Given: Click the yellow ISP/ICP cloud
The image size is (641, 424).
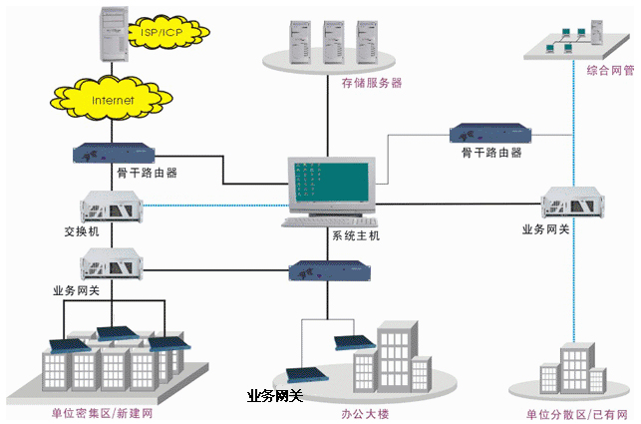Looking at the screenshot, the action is (168, 32).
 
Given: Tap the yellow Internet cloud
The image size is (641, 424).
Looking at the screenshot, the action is (112, 99).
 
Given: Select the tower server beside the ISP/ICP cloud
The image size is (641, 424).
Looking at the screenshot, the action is (114, 34).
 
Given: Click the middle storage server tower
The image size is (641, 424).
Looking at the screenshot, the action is (334, 42).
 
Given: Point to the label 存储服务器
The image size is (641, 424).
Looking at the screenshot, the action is (372, 83).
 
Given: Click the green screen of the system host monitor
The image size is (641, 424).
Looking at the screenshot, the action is (332, 182).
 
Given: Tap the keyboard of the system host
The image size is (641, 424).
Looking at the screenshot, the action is (330, 222).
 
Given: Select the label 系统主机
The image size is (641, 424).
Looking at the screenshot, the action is (356, 235).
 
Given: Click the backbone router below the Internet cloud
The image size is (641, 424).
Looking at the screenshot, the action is (114, 153).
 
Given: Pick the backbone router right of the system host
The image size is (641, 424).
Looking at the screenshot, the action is (490, 133).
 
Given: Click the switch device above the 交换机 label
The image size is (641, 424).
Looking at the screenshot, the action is (112, 207).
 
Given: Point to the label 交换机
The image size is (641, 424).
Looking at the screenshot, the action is (82, 231).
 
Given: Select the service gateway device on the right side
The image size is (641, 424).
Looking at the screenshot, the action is (573, 203).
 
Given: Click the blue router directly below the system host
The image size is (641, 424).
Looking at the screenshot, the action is (330, 270).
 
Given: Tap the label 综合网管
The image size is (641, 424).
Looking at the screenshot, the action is (610, 71).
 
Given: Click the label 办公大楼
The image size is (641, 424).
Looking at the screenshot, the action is (365, 414).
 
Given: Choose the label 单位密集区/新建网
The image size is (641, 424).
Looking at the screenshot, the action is (102, 413).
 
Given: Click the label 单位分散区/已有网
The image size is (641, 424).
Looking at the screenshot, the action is (577, 415).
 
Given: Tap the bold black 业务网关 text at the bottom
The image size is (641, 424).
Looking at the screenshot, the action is (275, 396).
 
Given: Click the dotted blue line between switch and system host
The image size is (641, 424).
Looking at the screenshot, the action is (216, 206).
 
